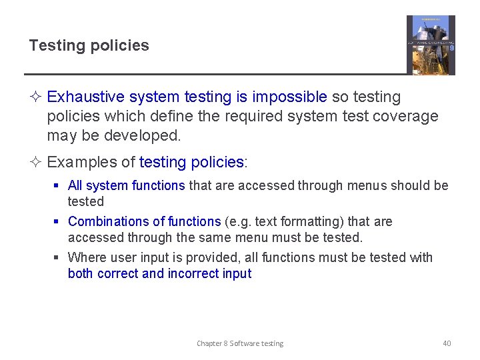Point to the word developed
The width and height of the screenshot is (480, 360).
(149, 135)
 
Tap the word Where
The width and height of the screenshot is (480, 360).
(85, 257)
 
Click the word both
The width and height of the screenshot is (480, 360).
(81, 273)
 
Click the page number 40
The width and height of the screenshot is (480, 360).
(447, 343)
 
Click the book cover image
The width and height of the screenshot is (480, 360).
(431, 45)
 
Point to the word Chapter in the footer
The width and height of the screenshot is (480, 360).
(209, 343)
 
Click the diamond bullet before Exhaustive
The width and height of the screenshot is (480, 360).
(37, 97)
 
